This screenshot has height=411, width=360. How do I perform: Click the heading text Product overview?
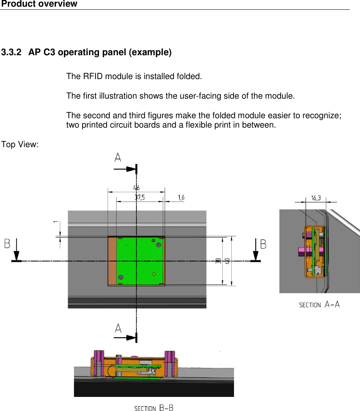tap(39, 4)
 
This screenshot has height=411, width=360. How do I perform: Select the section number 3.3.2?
tap(12, 52)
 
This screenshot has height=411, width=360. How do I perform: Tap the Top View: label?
tap(20, 145)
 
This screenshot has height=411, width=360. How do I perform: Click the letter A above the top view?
tap(118, 157)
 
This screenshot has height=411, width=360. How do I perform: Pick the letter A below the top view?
tap(118, 328)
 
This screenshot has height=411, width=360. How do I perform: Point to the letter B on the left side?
tap(7, 244)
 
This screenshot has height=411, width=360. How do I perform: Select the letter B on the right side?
tap(263, 244)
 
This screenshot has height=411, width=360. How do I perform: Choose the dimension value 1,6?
tap(181, 198)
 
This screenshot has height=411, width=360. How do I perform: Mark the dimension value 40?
tap(227, 260)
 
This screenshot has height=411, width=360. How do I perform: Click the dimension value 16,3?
tap(316, 198)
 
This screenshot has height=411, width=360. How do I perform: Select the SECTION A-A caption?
tap(319, 305)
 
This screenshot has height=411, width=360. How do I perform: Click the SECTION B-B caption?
tap(154, 408)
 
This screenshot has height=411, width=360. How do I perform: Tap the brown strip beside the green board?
tap(112, 261)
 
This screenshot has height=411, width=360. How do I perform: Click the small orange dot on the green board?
tap(154, 274)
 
